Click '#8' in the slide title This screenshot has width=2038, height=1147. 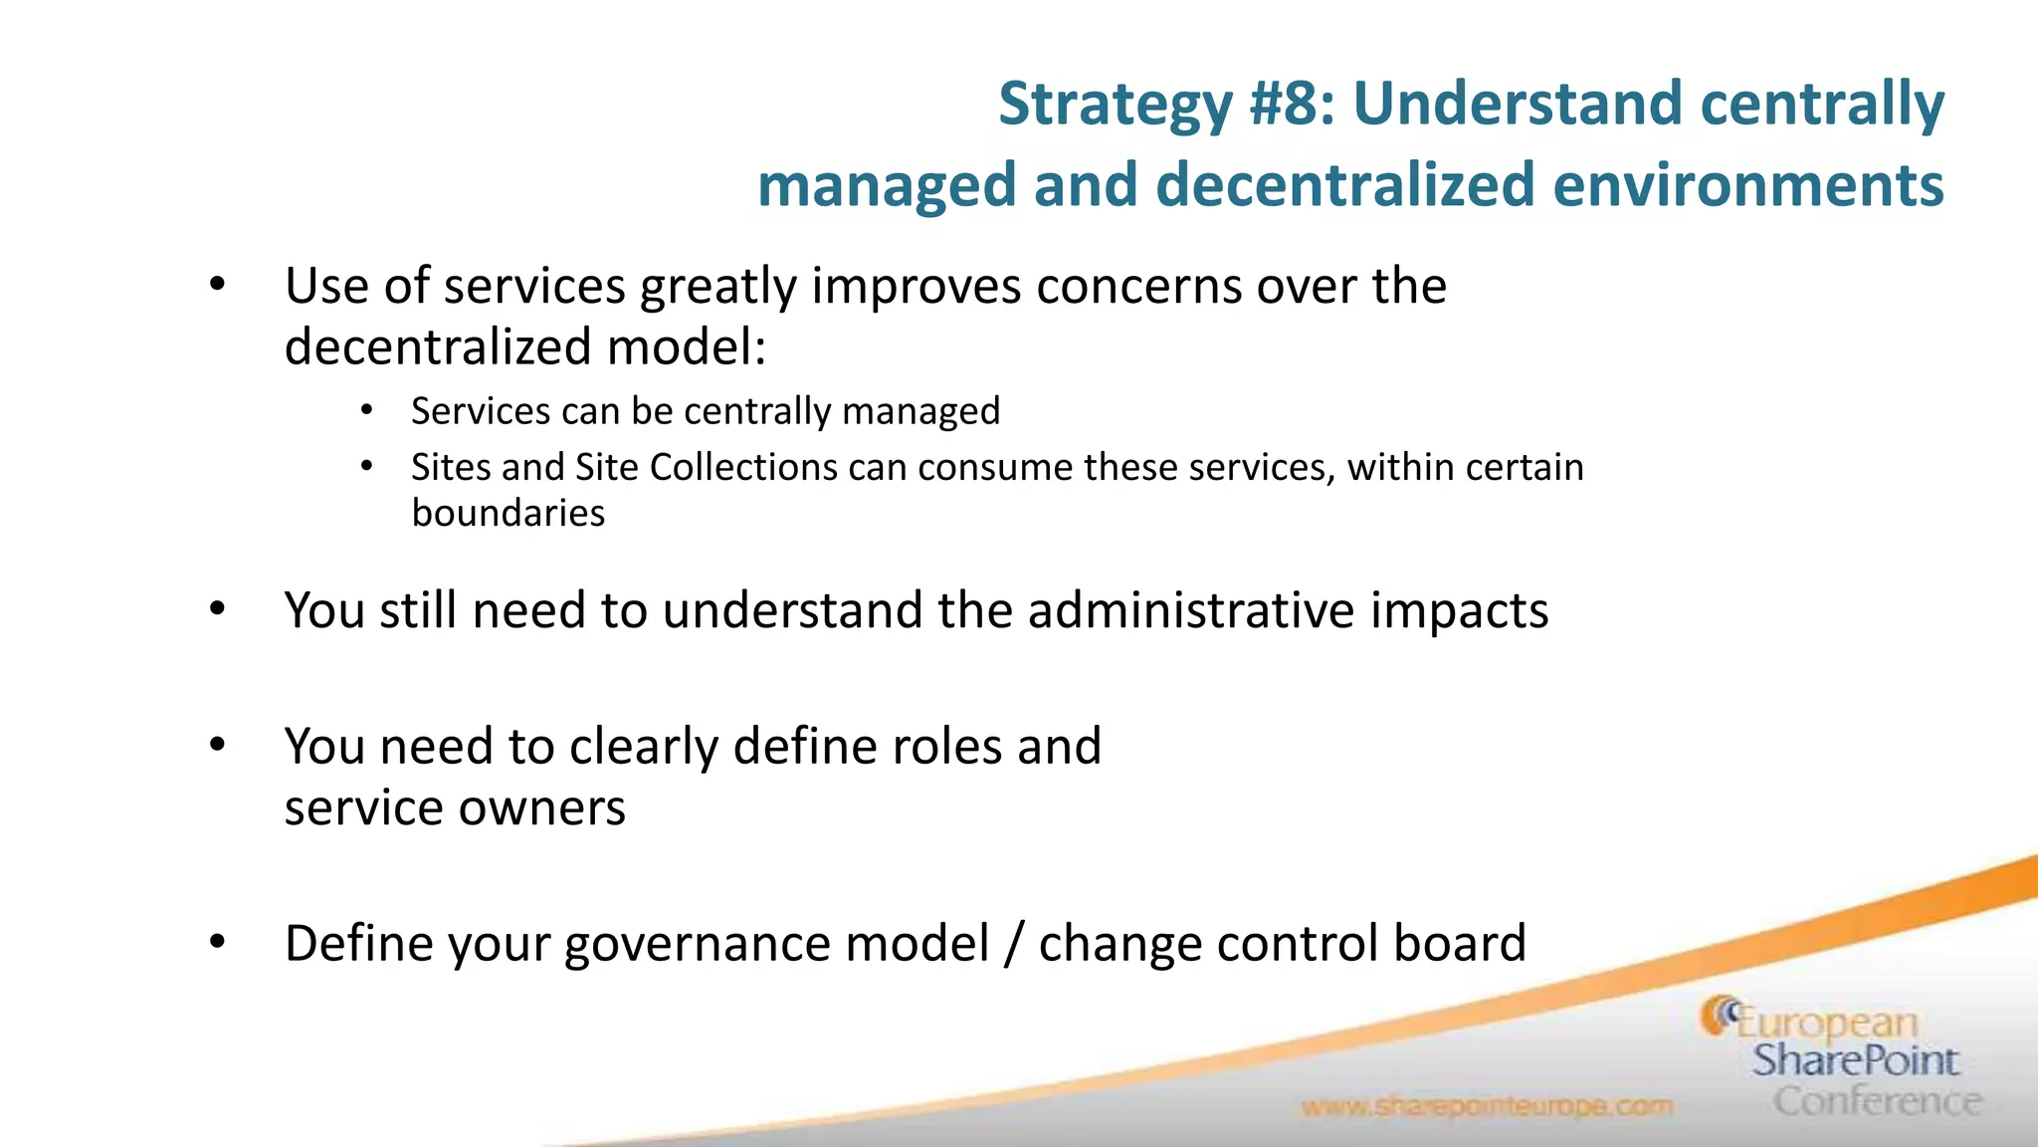[x=1291, y=104]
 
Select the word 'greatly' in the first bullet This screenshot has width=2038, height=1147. [x=717, y=288]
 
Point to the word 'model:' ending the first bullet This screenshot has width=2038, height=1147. [x=687, y=347]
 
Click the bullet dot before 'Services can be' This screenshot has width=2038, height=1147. [x=367, y=410]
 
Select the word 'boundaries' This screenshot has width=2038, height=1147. [x=508, y=513]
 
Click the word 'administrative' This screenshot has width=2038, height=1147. [x=1190, y=609]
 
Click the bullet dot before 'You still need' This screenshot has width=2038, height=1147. [x=218, y=608]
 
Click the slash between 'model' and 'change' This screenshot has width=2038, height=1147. [x=1013, y=944]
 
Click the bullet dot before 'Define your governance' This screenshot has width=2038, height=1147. [x=218, y=941]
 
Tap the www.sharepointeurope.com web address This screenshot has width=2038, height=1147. [x=1487, y=1106]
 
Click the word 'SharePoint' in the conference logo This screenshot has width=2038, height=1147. [x=1855, y=1060]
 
